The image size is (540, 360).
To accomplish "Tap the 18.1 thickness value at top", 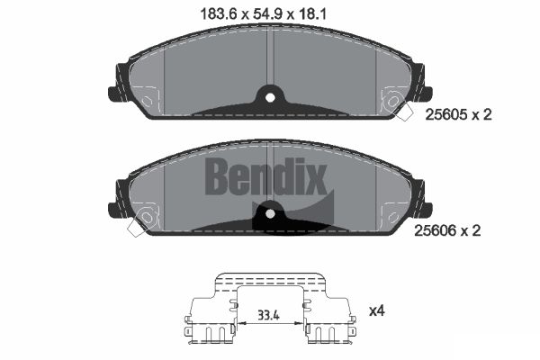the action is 311,14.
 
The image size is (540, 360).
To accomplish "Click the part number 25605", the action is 446,114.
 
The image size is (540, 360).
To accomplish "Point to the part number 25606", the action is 435,230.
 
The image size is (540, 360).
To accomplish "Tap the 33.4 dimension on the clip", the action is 269,315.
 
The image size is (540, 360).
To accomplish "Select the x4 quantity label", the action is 377,311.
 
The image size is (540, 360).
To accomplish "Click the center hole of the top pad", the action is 270,98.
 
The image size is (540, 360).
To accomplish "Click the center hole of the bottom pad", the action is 270,214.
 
